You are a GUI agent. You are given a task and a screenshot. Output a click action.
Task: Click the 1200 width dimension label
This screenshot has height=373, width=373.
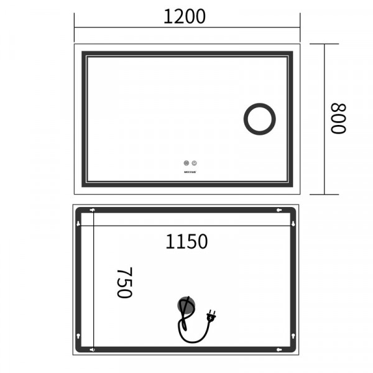[x=185, y=17]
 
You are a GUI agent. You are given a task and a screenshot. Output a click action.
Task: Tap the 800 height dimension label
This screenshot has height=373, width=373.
[x=338, y=119]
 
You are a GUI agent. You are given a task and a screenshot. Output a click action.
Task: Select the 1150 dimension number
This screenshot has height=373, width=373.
[x=186, y=241]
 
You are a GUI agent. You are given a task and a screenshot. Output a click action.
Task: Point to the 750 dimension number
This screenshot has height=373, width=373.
[x=124, y=283]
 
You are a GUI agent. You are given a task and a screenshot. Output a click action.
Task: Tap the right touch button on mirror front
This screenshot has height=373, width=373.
[x=193, y=164]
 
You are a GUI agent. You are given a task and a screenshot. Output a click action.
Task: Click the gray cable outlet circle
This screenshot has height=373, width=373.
[x=186, y=305]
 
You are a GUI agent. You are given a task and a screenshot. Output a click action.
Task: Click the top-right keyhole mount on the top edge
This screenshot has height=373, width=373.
[x=278, y=210]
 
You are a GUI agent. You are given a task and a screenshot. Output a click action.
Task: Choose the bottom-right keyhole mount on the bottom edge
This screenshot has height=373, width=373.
[x=278, y=350]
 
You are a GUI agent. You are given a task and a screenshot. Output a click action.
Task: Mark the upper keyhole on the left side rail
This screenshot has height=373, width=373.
[x=79, y=224]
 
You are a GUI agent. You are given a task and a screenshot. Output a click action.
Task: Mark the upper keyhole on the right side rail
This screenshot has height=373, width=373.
[x=293, y=224]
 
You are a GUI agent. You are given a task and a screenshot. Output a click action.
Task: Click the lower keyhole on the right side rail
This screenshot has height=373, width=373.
[x=293, y=336]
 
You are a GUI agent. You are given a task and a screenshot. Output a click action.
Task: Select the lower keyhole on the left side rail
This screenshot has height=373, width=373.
[x=79, y=336]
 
